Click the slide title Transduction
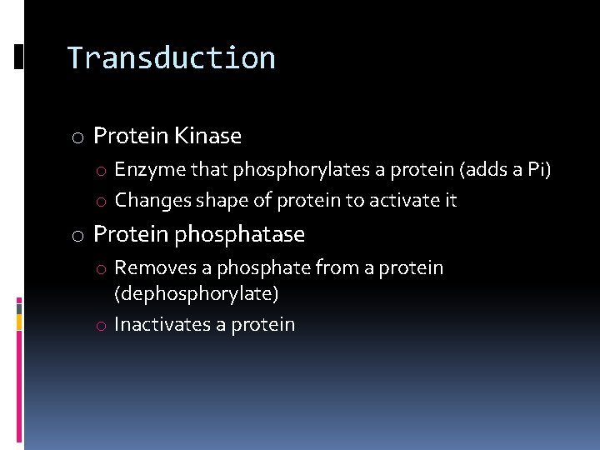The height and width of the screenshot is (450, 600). (171, 57)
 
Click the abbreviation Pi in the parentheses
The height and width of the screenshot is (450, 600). (538, 171)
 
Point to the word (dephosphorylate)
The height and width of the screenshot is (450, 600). (197, 294)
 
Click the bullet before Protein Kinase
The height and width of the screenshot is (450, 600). (77, 137)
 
